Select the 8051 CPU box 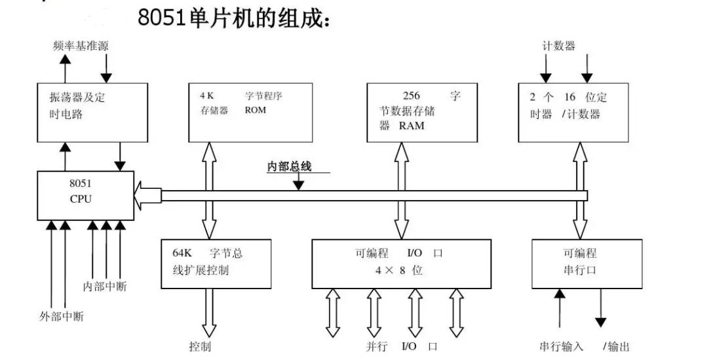tap(85, 195)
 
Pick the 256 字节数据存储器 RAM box tap(422, 112)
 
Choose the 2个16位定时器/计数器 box tap(573, 112)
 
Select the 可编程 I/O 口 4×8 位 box tap(401, 263)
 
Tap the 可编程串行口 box tap(581, 263)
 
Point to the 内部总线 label tap(289, 167)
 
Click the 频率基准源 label tap(81, 47)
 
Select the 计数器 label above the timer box tap(559, 46)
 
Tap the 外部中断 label tap(62, 317)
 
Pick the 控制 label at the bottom tap(200, 346)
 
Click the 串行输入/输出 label tap(583, 346)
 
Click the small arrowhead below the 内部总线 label tap(298, 186)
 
